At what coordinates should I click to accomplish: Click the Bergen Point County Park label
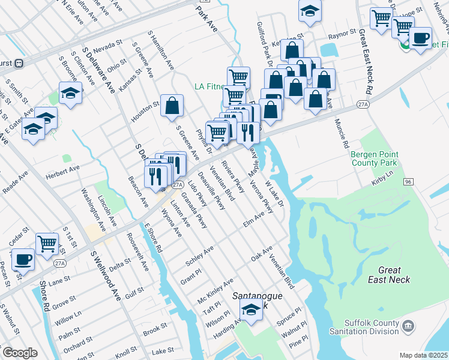[374, 158]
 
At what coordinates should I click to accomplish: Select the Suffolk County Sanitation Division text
[364, 328]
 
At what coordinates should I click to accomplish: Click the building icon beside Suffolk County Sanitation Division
[408, 327]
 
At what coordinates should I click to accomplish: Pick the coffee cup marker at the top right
[420, 38]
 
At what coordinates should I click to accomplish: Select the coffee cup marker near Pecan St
[23, 259]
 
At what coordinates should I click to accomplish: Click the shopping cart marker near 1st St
[47, 244]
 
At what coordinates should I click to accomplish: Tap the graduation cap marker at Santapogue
[251, 310]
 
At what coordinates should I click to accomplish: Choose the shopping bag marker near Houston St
[172, 106]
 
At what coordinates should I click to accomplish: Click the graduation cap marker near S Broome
[70, 93]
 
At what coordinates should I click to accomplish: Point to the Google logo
[20, 353]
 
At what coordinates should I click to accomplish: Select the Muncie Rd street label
[341, 133]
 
